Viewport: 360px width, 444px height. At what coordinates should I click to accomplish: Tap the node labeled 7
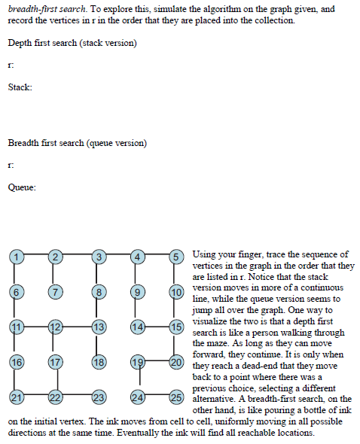click(55, 291)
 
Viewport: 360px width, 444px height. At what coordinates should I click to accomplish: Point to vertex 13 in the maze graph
click(98, 327)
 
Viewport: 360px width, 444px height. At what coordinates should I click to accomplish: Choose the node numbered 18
click(98, 362)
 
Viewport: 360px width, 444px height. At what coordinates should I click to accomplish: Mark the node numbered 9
click(137, 291)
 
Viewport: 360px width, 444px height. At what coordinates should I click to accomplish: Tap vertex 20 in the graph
click(177, 362)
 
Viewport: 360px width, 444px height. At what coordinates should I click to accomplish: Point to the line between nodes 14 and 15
click(157, 327)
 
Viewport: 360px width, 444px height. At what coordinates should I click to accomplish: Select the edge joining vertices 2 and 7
click(55, 274)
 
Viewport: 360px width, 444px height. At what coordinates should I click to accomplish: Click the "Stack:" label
click(20, 88)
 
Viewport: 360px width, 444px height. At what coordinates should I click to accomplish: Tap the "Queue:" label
click(22, 188)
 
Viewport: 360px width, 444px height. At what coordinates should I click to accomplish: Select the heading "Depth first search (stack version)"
click(72, 43)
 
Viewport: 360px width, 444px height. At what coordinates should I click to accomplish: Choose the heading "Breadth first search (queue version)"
click(77, 143)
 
